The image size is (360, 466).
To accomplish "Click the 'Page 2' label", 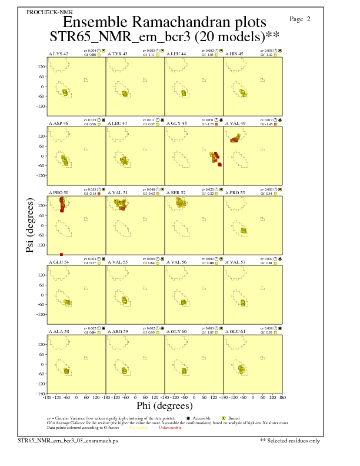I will click(300, 19).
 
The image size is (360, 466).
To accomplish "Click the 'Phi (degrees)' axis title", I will click(164, 406).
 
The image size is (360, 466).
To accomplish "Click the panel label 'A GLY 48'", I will click(176, 122).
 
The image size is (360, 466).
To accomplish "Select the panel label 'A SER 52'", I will click(176, 192).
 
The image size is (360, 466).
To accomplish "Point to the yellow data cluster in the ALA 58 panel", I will click(66, 371).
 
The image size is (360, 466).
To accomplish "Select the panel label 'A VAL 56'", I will click(176, 262).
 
